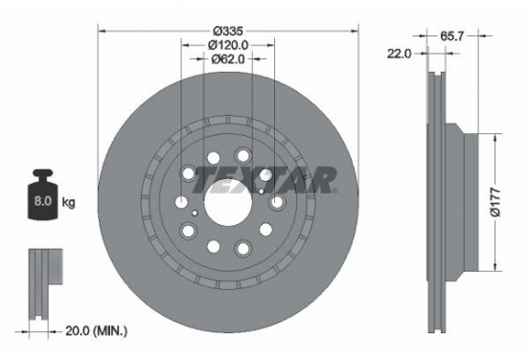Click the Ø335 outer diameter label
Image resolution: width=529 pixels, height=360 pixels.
click(228, 31)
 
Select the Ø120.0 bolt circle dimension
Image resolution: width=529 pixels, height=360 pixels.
click(228, 45)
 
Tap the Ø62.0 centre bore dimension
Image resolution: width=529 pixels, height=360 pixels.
click(228, 59)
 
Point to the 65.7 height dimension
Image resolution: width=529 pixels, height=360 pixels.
click(452, 35)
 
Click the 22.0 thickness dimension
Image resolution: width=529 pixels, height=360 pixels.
click(399, 54)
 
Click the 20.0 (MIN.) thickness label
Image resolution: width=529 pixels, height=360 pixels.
click(97, 331)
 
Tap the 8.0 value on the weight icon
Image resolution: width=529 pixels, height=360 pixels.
click(43, 201)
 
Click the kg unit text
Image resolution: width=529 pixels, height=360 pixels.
click(69, 203)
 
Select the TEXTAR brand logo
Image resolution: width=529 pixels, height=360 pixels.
click(264, 180)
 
